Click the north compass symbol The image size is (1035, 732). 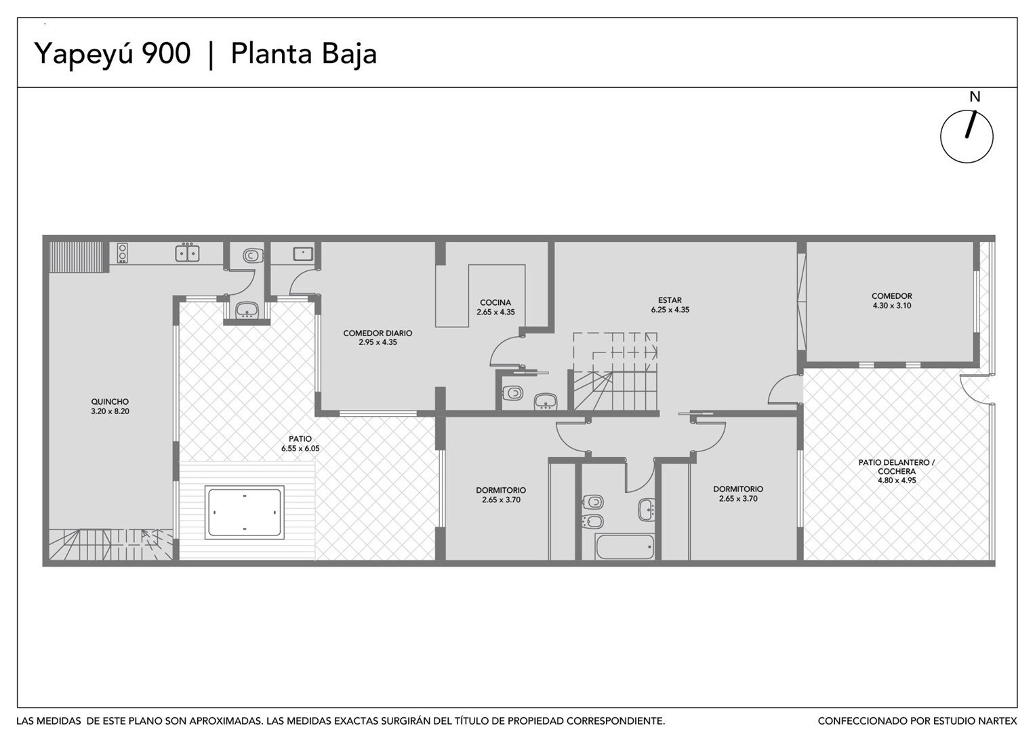[x=966, y=136]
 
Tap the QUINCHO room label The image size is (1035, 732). [x=110, y=401]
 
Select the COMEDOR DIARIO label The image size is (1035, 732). [x=378, y=333]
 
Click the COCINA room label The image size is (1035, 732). [x=495, y=303]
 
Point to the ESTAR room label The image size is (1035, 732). [x=670, y=300]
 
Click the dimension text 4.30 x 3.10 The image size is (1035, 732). [x=892, y=306]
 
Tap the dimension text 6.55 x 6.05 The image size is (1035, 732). [x=300, y=448]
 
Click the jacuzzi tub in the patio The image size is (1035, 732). [x=245, y=512]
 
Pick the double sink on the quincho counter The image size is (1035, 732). [x=187, y=253]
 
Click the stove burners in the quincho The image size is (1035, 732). [x=123, y=253]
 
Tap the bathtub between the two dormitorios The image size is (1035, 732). [x=625, y=547]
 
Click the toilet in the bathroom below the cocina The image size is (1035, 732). [x=512, y=394]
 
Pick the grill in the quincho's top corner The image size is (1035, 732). [x=79, y=257]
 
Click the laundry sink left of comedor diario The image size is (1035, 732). [x=303, y=253]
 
